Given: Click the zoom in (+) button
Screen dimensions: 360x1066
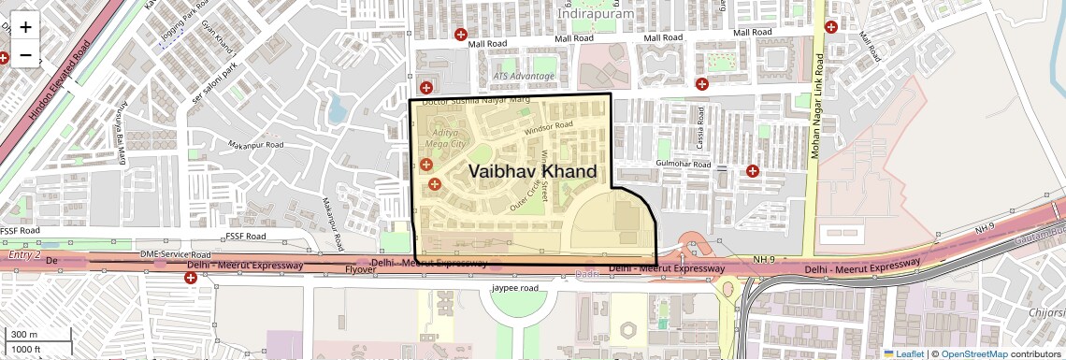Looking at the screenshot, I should (25, 27).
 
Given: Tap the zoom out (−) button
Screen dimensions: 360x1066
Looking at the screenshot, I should (25, 55).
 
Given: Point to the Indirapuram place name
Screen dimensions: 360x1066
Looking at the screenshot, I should (595, 14).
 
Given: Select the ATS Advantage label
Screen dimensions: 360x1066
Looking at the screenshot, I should (524, 76).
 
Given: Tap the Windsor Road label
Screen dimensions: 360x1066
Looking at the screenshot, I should (548, 127).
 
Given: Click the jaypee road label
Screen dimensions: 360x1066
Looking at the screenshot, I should (515, 289).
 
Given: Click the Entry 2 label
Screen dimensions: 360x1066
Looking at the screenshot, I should (24, 254).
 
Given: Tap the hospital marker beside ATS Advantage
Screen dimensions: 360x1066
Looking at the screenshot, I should (426, 87).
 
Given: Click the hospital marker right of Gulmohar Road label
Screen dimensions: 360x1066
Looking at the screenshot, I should (752, 170).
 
